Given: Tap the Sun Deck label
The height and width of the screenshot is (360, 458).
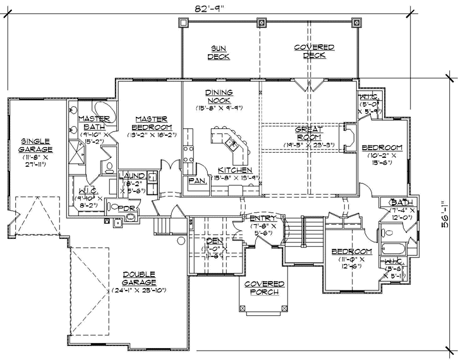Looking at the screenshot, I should coord(220,52).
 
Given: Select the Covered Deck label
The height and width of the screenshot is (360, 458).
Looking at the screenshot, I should coord(314,51).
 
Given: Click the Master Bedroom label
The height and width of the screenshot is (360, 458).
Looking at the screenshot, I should coord(151,123).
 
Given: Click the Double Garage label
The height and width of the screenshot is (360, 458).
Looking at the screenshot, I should coord(140,278).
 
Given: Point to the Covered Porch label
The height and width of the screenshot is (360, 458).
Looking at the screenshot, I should coord(264,288).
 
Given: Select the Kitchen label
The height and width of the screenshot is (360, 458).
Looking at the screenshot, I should coord(235,171).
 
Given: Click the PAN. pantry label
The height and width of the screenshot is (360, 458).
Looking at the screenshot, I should coord(196,180).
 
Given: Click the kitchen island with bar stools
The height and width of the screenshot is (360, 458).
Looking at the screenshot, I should coord(232,144).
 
